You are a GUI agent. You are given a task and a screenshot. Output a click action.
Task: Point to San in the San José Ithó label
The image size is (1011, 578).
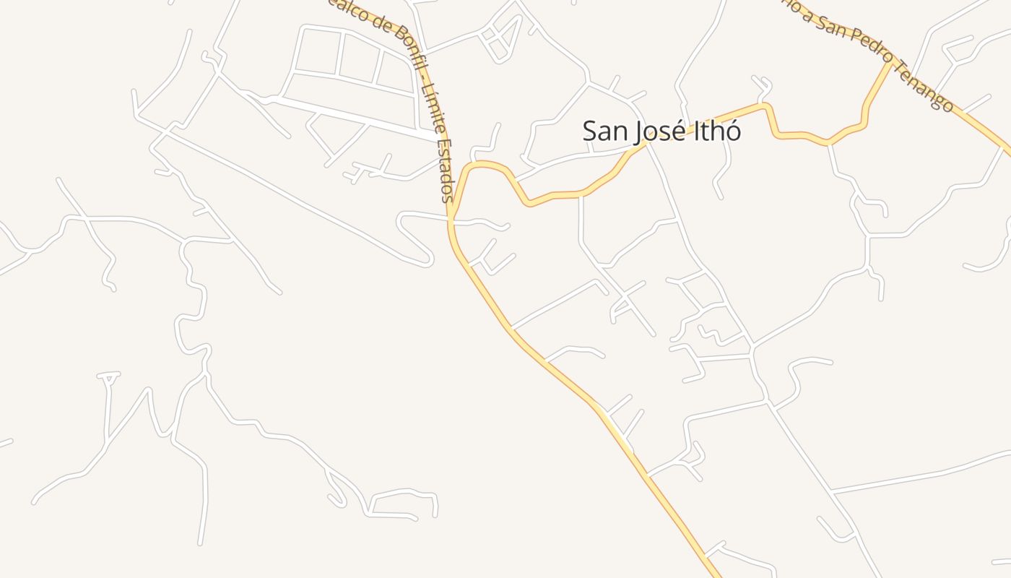(604, 131)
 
